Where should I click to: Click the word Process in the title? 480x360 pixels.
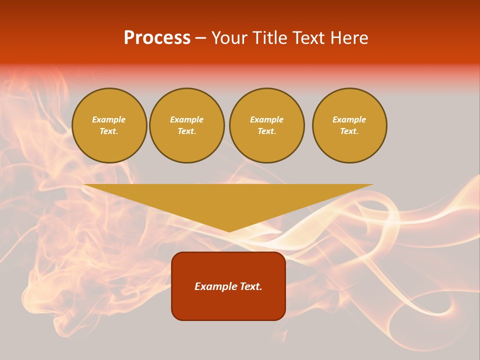point(157,38)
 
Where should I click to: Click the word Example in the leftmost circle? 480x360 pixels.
point(109,119)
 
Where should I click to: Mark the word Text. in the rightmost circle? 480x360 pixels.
point(349,131)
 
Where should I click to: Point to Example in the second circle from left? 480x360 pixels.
point(187,119)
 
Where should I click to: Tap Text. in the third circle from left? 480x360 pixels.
point(267,131)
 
